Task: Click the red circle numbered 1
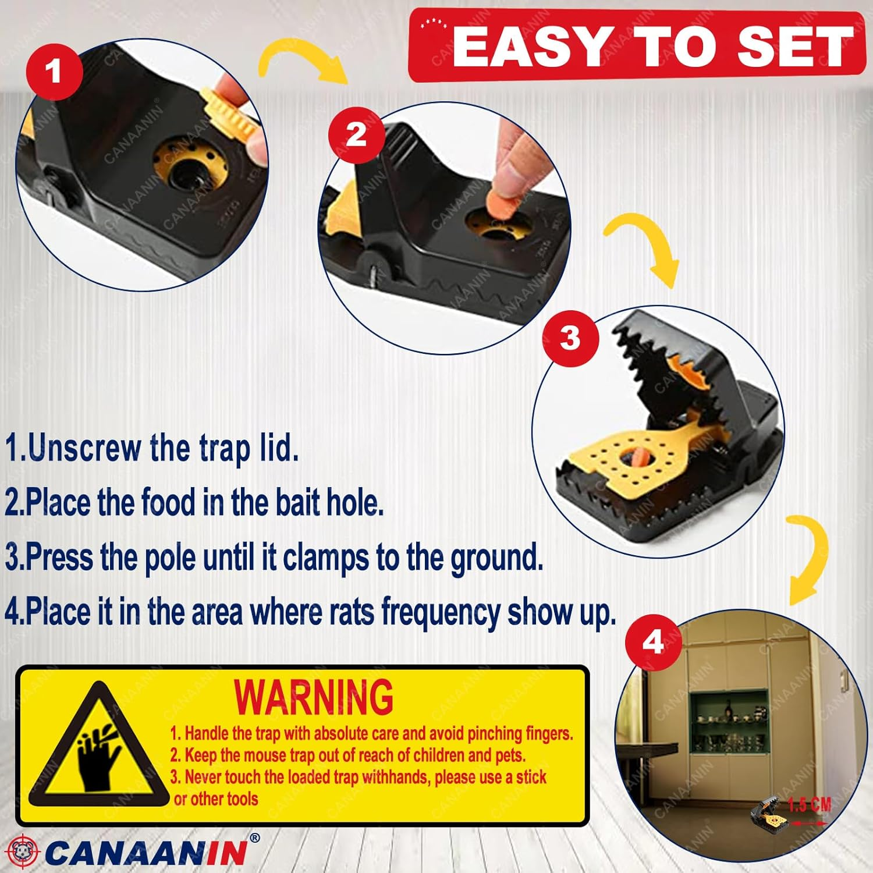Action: point(54,72)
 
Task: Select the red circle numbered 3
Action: point(570,338)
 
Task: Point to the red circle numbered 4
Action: point(653,642)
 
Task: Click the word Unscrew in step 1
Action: point(84,448)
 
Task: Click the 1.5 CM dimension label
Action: point(809,805)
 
